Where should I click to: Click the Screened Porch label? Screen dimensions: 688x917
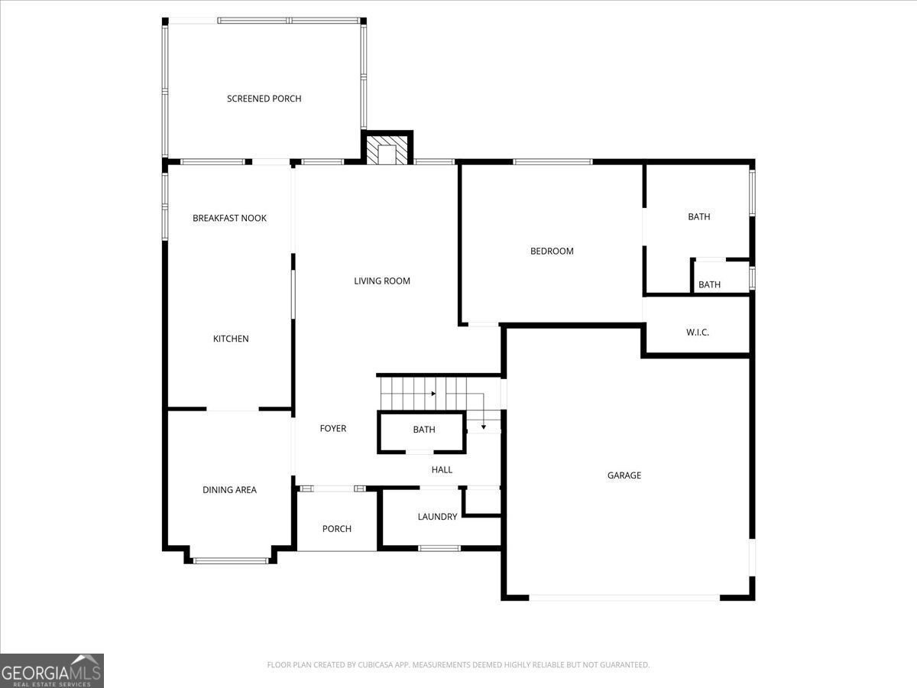coord(264,99)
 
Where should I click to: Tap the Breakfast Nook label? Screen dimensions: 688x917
coord(229,218)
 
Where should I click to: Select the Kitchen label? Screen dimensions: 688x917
coord(230,339)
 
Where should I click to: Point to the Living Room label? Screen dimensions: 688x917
coord(381,281)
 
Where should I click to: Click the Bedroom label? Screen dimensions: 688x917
coord(552,251)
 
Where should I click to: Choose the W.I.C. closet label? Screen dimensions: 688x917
coord(697,332)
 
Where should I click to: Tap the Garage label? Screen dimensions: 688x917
coord(624,475)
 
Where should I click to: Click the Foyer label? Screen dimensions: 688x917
coord(332,428)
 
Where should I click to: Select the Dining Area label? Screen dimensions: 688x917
coord(229,490)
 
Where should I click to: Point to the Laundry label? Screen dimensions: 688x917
coord(437,517)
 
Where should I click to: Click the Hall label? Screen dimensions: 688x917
coord(442,469)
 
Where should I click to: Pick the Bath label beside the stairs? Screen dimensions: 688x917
coord(423,430)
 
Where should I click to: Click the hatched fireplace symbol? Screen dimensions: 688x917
coord(387,150)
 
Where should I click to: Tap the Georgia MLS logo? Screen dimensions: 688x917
coord(52,670)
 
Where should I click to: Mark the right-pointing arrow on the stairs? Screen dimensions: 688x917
coord(433,394)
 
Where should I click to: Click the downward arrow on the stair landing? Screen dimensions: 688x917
coord(483,425)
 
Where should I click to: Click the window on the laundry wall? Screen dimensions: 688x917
coord(439,547)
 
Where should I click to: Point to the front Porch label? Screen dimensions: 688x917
coord(336,529)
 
